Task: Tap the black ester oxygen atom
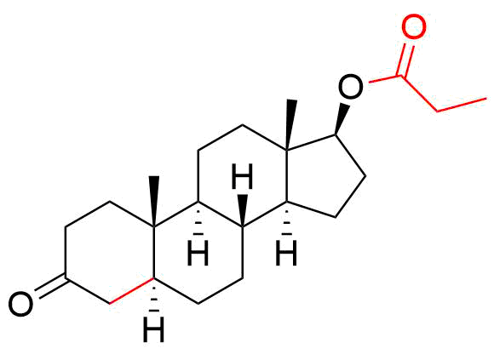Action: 350,86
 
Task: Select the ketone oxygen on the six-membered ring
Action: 20,304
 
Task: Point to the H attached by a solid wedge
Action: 242,176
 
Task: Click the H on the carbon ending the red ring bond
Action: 154,329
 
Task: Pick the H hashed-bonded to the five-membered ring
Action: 286,253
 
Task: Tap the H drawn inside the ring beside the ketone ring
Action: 198,253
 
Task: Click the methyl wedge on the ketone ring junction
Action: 154,202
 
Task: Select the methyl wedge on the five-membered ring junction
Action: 290,124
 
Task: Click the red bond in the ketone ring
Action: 132,291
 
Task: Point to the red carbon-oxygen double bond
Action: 406,60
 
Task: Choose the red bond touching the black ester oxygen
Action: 385,79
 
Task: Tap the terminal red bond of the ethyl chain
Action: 462,105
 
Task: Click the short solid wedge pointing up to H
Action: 242,211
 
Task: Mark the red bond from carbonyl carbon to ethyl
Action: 420,94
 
